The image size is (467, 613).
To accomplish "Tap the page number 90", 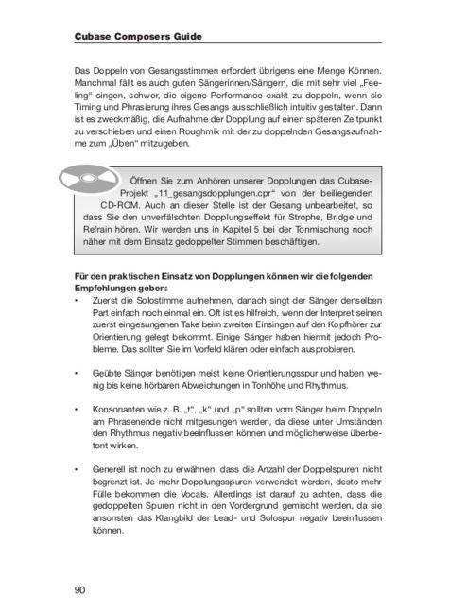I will tap(79, 590).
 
